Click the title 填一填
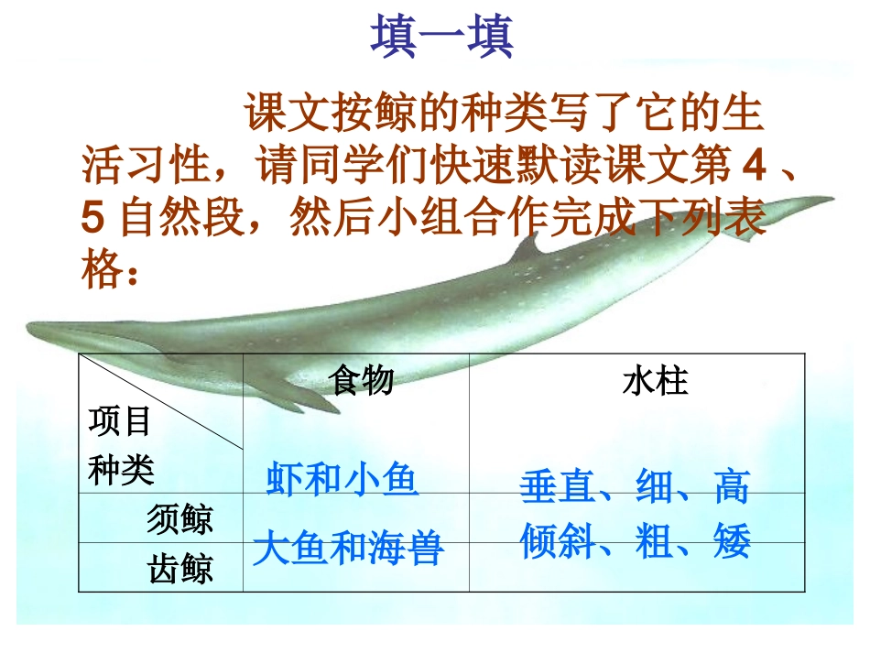click(442, 38)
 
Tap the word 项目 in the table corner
click(120, 422)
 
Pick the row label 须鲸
click(179, 519)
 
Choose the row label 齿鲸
click(179, 570)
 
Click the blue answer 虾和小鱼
click(343, 479)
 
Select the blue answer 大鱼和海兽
click(348, 549)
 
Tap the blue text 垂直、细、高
click(634, 488)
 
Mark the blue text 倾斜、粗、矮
click(635, 542)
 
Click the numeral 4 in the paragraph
click(754, 168)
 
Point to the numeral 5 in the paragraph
click(92, 220)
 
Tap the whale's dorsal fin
click(525, 247)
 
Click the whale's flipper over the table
click(284, 389)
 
